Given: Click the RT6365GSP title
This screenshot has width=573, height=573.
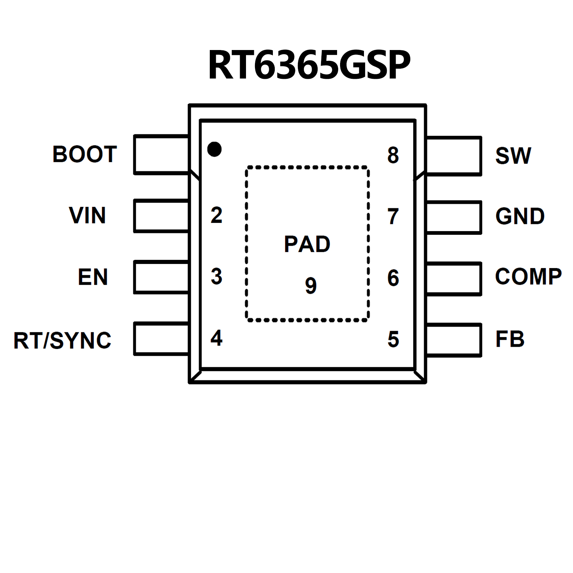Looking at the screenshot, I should [x=309, y=65].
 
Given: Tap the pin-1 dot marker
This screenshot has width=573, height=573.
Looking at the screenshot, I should [x=214, y=149].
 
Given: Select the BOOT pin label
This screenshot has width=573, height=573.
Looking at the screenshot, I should [x=85, y=154].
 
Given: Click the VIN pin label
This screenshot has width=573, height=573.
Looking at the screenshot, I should [x=87, y=215].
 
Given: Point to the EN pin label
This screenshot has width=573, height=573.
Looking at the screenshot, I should [x=93, y=277].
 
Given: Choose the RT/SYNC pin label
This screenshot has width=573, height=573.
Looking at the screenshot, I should [x=62, y=340].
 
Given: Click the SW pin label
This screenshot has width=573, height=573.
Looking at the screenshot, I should [x=513, y=156].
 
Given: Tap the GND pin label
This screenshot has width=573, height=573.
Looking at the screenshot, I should [x=520, y=217].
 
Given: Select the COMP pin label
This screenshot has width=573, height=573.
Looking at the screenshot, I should [x=528, y=277].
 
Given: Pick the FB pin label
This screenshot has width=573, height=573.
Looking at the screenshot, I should [x=510, y=339].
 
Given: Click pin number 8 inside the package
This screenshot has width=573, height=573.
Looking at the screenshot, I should [x=393, y=155].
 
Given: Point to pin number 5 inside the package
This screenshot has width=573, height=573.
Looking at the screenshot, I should [x=393, y=339].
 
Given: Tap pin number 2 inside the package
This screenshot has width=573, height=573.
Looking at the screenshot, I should [x=217, y=215].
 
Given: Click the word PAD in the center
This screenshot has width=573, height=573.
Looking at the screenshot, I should [x=307, y=245].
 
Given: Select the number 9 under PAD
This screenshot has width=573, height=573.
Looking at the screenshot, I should [x=311, y=286].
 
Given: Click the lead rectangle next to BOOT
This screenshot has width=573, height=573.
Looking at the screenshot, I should [x=161, y=155].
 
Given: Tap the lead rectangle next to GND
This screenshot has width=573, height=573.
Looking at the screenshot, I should [x=454, y=218].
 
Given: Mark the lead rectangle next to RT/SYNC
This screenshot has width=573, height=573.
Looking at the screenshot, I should [x=161, y=339].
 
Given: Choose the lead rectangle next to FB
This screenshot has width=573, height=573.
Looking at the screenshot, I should [x=454, y=340].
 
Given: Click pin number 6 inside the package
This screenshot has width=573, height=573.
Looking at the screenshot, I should [x=393, y=278].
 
